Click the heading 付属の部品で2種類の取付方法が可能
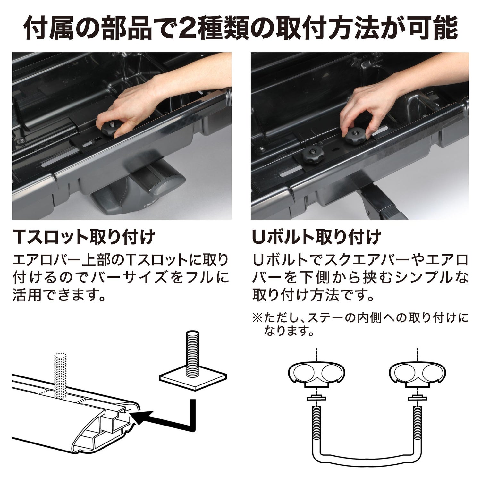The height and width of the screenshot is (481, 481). click(240, 29)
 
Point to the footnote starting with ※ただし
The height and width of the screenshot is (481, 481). click(360, 324)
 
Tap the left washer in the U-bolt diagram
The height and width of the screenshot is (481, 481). click(316, 399)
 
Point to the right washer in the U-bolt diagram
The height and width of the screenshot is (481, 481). click(418, 399)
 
